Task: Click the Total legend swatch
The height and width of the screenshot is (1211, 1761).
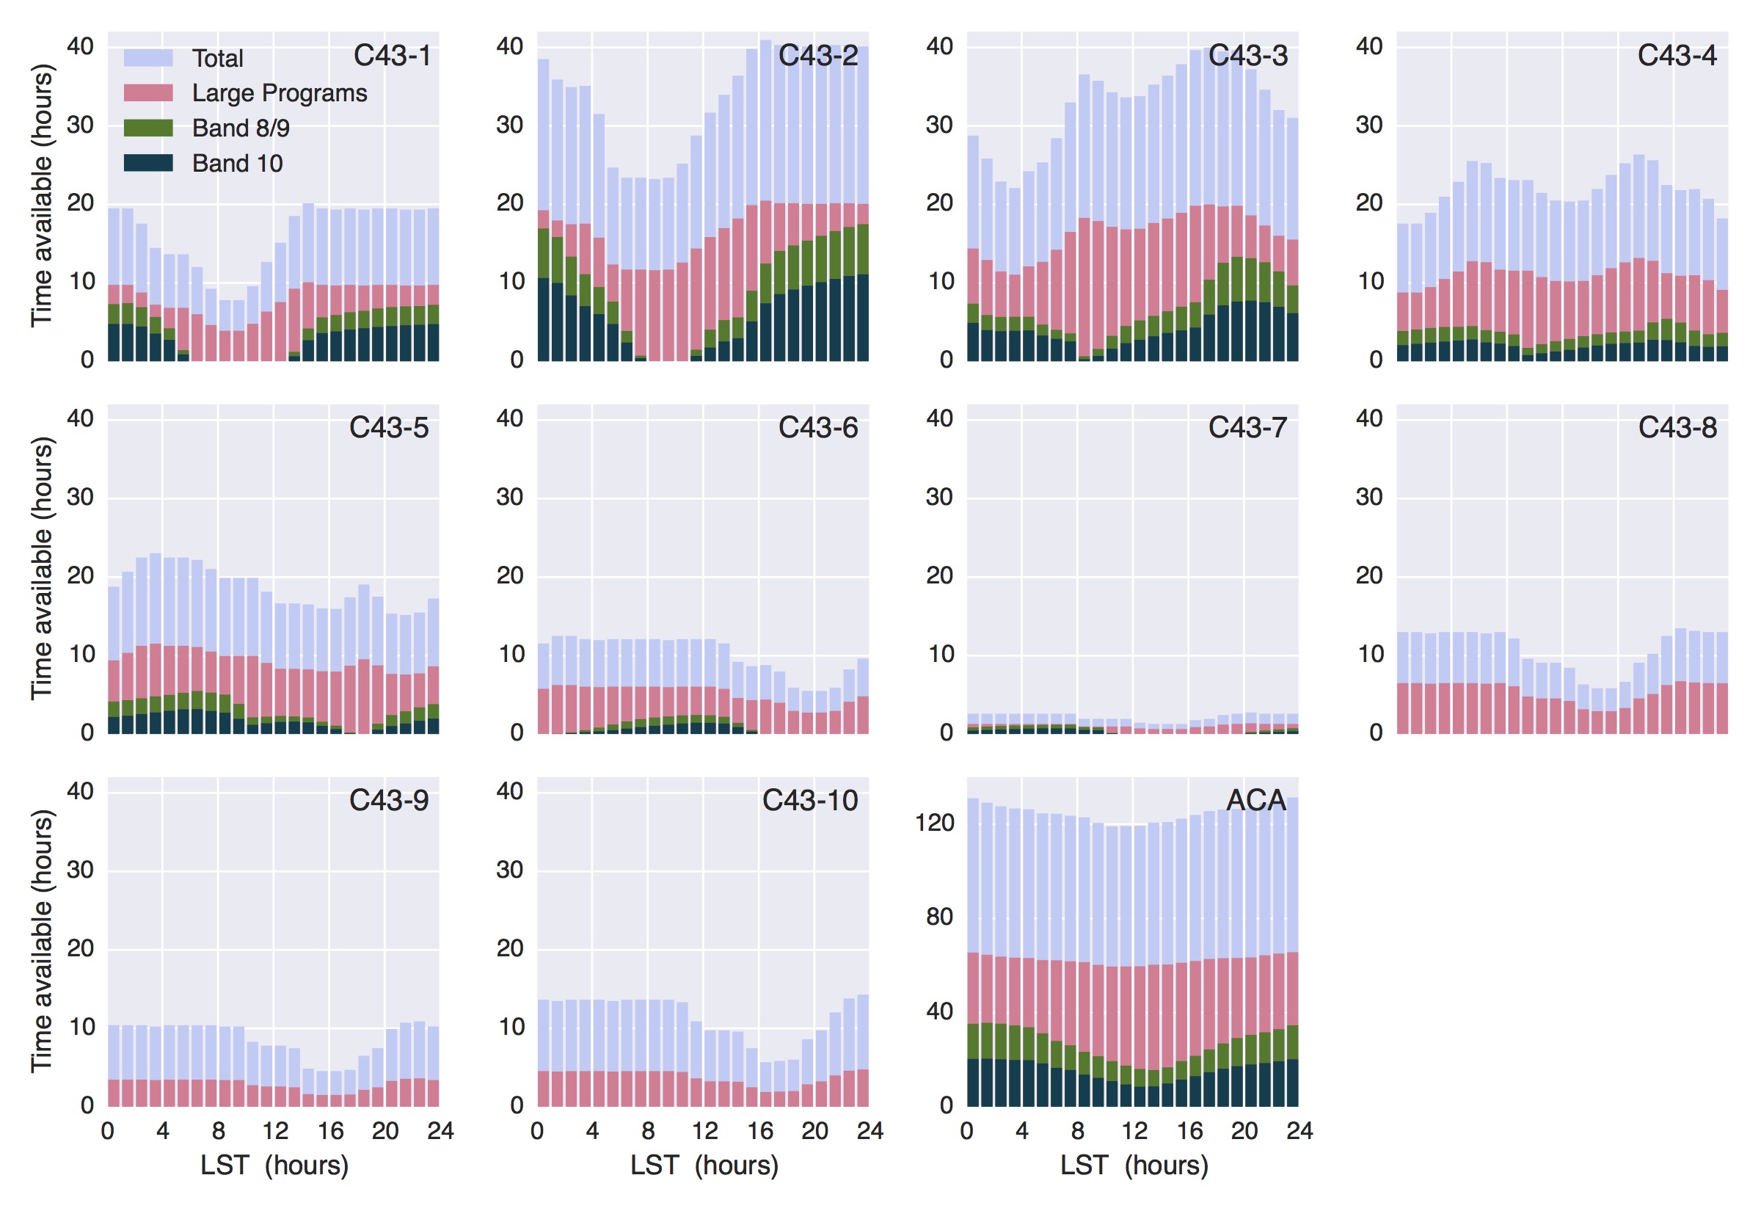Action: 148,58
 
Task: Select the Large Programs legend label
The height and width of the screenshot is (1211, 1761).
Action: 279,92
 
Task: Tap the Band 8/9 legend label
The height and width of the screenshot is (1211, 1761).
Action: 241,128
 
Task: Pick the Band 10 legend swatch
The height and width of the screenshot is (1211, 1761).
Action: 148,162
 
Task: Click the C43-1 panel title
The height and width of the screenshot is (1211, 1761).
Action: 392,55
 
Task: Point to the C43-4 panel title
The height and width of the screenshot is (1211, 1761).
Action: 1677,55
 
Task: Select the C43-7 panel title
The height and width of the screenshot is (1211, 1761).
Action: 1247,427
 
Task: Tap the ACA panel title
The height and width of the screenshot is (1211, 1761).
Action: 1256,800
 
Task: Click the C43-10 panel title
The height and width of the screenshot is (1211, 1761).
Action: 810,800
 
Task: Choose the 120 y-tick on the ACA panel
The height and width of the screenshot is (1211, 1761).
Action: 934,823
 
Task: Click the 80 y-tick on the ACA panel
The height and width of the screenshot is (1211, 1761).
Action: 939,917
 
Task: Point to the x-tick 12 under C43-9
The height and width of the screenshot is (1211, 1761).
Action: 274,1131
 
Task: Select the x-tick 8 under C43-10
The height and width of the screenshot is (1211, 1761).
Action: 648,1131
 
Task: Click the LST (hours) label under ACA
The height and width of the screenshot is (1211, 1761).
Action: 1134,1165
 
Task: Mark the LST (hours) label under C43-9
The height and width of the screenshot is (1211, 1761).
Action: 274,1165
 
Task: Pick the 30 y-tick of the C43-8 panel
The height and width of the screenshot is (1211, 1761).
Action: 1369,497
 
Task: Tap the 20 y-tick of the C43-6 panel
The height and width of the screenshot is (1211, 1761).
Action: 510,576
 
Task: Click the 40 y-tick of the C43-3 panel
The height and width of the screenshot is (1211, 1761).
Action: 939,46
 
